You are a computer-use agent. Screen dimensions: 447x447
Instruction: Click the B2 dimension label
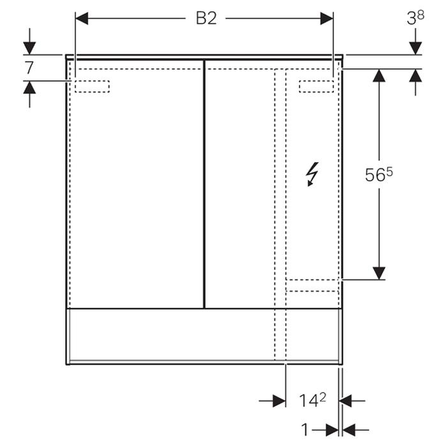point(206,19)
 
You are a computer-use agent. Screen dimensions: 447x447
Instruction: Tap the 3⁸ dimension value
point(415,18)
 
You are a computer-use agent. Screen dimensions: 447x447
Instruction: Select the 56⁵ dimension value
point(379,174)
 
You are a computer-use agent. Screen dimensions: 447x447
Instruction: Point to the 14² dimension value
point(312,400)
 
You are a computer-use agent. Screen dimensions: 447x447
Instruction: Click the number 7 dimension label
point(29,68)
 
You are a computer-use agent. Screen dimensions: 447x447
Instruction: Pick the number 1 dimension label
point(305,430)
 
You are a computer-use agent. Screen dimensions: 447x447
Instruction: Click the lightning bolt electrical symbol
point(312,174)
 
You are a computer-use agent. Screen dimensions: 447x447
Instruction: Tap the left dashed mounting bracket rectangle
point(92,86)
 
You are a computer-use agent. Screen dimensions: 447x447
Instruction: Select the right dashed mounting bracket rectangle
point(316,86)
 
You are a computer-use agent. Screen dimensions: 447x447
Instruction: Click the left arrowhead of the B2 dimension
point(82,19)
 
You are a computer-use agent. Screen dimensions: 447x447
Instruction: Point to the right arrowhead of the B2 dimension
point(327,19)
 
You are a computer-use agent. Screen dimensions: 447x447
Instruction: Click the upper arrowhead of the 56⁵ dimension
point(379,75)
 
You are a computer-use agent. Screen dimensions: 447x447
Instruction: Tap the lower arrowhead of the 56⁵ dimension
point(379,273)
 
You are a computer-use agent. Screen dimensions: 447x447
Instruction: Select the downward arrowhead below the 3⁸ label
point(415,48)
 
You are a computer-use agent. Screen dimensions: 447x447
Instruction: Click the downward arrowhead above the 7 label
point(29,48)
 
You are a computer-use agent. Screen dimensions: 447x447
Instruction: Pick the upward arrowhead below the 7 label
point(29,87)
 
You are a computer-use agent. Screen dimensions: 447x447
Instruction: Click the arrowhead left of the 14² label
point(279,401)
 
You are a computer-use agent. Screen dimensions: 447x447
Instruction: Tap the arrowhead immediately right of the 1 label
point(332,430)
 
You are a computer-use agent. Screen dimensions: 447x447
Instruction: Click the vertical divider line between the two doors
point(204,184)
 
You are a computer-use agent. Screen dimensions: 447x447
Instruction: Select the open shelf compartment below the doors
point(204,336)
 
